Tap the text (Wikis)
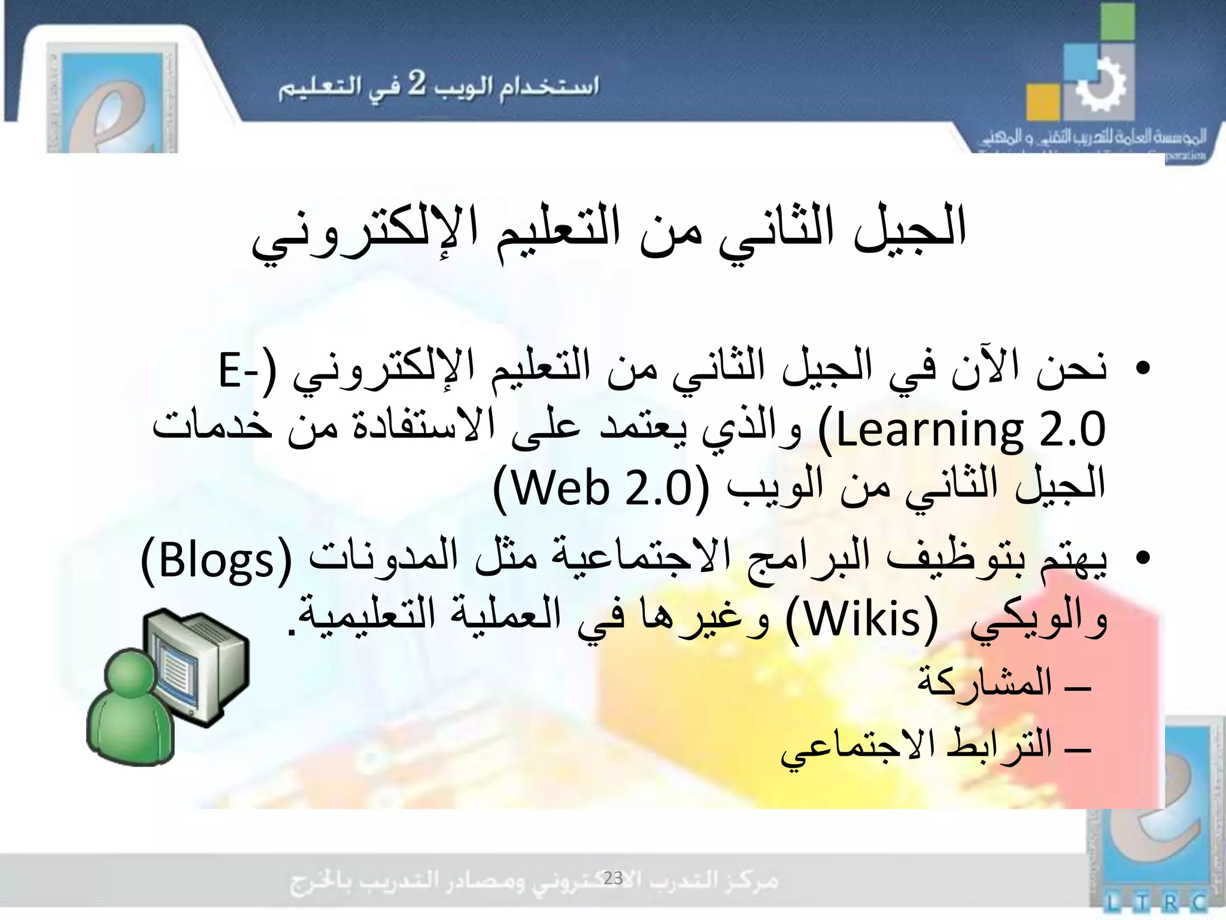(863, 621)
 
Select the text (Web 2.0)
(601, 489)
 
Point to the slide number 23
(613, 878)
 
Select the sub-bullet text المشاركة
(985, 683)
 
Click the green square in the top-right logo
(1118, 21)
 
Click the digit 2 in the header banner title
(417, 84)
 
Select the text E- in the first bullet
(238, 370)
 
